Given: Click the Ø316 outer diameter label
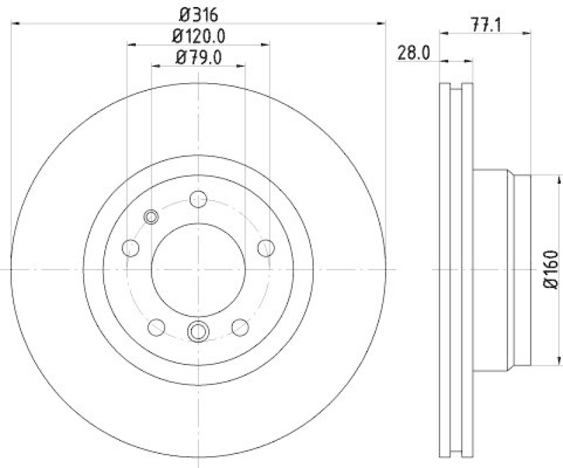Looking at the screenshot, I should point(198,13).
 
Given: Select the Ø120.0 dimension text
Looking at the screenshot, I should point(198,35).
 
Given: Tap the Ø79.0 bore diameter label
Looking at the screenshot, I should point(198,57).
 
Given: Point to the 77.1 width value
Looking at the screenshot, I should point(485,27).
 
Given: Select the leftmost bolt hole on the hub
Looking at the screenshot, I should point(131,247).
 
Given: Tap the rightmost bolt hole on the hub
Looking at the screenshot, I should point(266,247).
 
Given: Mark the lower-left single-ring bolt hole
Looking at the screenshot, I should point(156,327).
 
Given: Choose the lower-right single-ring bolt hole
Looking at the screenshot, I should point(241,327).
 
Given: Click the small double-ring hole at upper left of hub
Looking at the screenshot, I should point(151,217).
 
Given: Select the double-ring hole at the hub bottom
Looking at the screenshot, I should point(198,330).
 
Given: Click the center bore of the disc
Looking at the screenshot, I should point(198,270).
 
